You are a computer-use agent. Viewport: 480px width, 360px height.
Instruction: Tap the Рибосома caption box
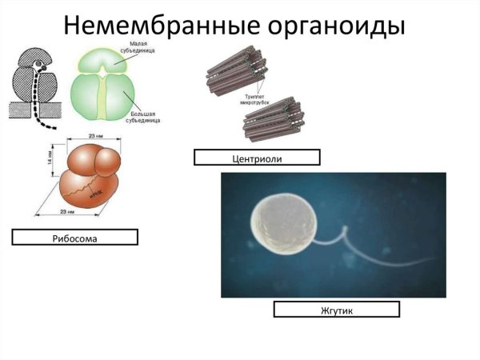(x=74, y=237)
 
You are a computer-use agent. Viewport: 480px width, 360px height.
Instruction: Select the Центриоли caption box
(x=256, y=158)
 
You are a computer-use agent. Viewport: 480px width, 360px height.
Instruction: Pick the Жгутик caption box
(x=336, y=309)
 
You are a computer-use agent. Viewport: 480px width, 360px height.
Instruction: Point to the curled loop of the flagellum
(x=345, y=234)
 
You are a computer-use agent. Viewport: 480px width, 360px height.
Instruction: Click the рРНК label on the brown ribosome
(x=94, y=193)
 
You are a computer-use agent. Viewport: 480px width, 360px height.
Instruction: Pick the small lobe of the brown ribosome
(x=108, y=163)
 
